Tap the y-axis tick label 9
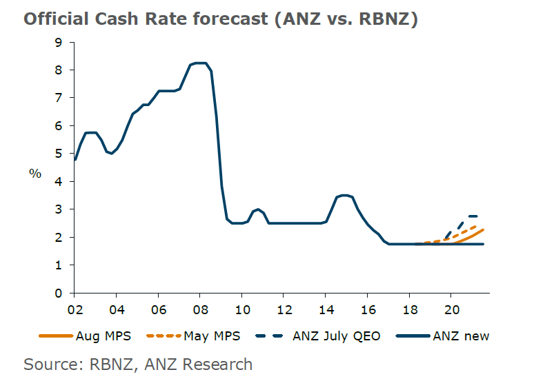pos(58,42)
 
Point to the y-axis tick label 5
pos(58,154)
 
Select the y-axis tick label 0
pos(58,294)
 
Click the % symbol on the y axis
pos(34,173)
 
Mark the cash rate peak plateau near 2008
pos(199,63)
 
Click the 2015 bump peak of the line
pos(345,196)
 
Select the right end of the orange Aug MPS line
pos(482,230)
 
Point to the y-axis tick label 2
pos(58,238)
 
